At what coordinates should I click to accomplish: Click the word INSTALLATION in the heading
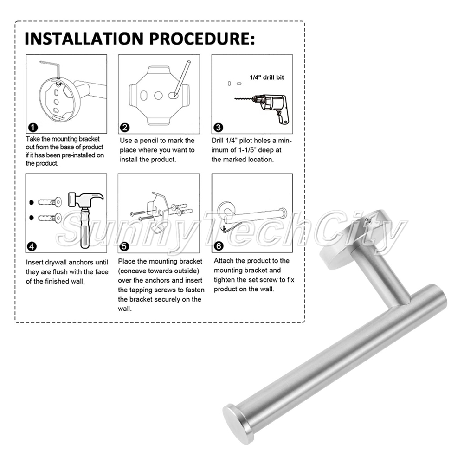(x=84, y=39)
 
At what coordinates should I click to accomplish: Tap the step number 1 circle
(x=32, y=128)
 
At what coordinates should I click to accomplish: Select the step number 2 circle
(x=125, y=128)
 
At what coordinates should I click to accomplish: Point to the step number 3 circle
(x=218, y=128)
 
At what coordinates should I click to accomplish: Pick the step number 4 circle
(x=32, y=246)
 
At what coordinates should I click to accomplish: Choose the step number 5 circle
(x=124, y=246)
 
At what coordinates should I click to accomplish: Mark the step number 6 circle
(x=219, y=246)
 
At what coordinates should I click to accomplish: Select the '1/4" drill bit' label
(x=267, y=77)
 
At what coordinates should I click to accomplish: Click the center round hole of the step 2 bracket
(x=158, y=96)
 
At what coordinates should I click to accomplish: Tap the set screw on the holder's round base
(x=368, y=220)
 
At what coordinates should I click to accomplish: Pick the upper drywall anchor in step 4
(x=50, y=202)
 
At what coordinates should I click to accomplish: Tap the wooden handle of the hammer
(x=85, y=228)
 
